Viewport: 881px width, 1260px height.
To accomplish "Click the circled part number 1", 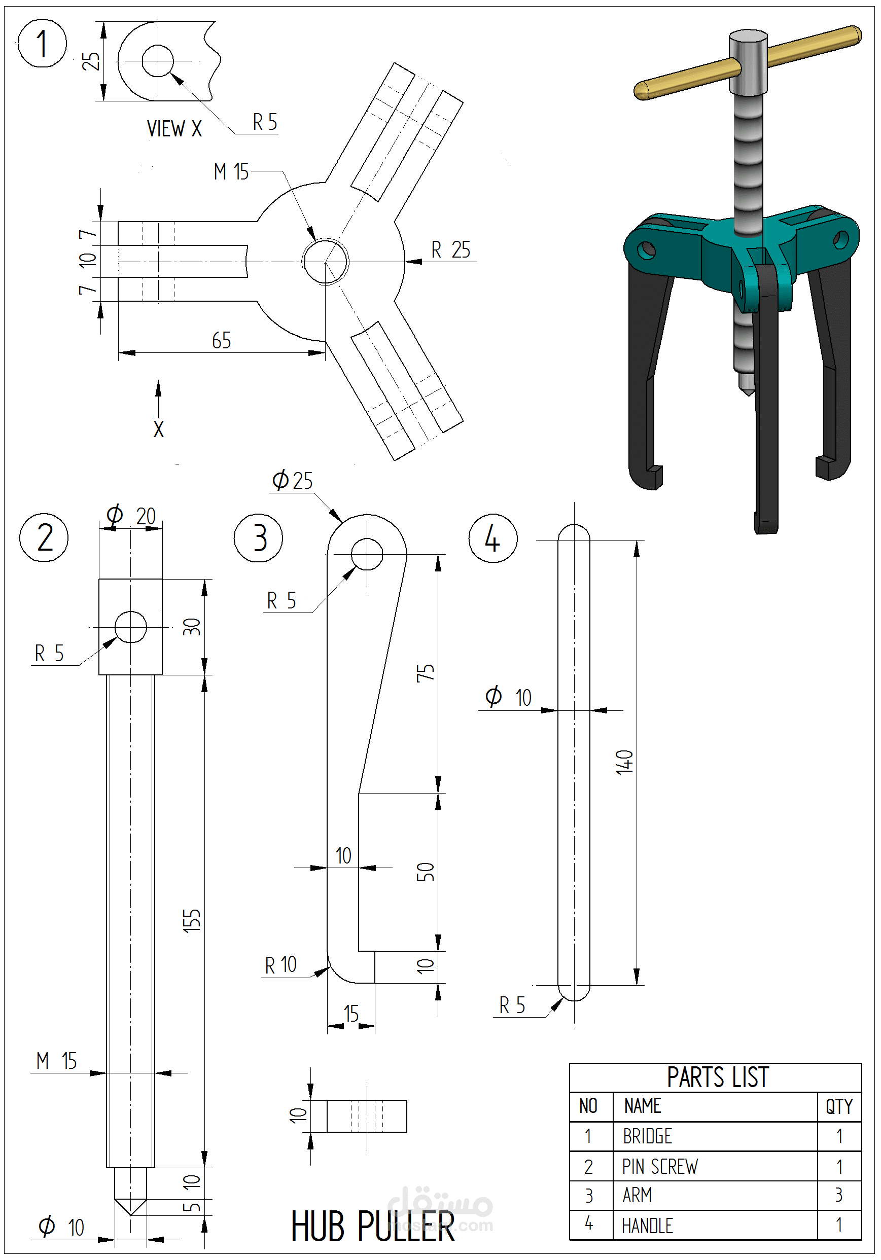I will coord(42,44).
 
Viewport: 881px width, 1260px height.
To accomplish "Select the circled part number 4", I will coord(492,538).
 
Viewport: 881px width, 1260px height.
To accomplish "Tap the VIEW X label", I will coord(174,129).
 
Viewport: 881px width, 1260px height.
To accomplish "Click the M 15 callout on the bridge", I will coord(231,172).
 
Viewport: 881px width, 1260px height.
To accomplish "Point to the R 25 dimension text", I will coord(451,249).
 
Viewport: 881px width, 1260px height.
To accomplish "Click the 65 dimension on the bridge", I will coord(221,341).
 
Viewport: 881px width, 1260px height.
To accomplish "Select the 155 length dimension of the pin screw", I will coord(192,920).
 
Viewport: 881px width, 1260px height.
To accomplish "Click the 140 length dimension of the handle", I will coord(624,762).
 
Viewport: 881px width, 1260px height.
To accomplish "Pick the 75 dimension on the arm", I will coord(426,673).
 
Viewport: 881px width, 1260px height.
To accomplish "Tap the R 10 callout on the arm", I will coord(280,965).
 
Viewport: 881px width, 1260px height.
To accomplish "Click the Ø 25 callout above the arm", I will coord(293,481).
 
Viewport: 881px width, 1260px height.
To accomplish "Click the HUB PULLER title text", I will coord(373,1227).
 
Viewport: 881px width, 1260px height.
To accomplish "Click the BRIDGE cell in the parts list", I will coord(647,1136).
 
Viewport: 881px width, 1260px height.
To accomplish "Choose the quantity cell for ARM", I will coord(838,1195).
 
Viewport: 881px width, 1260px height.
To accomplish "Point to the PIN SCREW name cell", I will coord(659,1166).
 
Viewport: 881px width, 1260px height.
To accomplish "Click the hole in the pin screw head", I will coord(131,627).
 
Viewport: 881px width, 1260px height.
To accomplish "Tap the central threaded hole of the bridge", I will coord(325,261).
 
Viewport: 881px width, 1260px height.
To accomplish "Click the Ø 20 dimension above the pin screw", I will coord(131,516).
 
